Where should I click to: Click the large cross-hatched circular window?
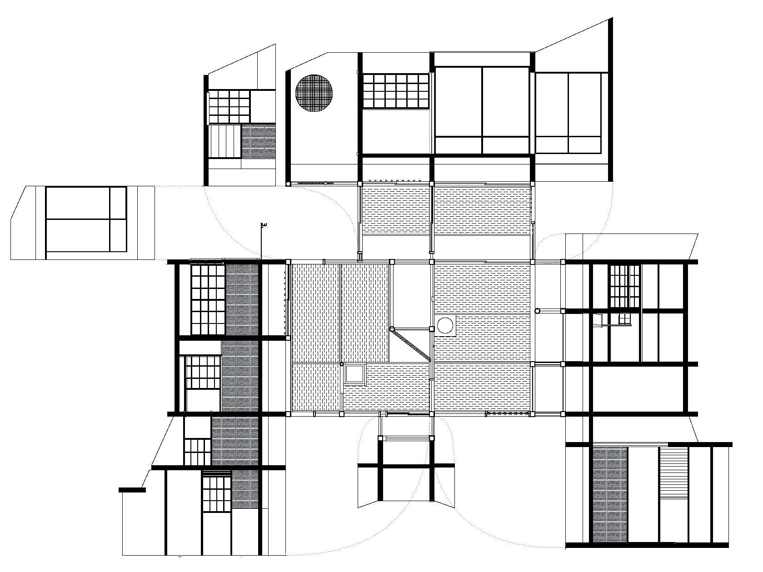tap(315, 94)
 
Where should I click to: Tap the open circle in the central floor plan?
tap(445, 326)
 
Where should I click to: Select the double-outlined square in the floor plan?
tap(355, 374)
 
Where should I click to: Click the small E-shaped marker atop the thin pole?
tap(263, 224)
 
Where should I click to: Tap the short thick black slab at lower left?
tap(132, 490)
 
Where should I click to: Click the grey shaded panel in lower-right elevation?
tap(610, 494)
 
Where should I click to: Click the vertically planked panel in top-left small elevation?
tap(224, 141)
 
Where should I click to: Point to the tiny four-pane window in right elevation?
tap(624, 319)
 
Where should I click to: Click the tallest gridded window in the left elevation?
tap(207, 299)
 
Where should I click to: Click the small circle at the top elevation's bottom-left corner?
tap(288, 184)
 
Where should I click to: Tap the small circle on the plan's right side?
tap(537, 311)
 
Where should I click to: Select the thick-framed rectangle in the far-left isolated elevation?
tap(86, 219)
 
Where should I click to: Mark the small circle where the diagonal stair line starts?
tap(392, 328)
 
